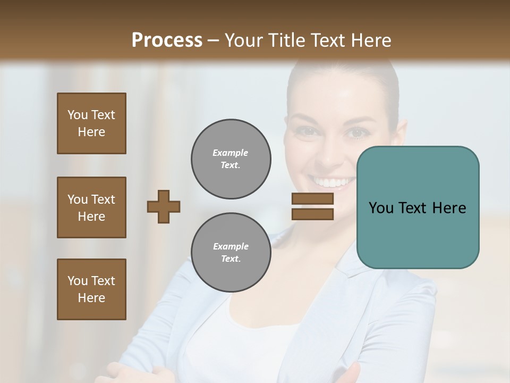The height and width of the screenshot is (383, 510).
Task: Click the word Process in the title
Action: pos(167,40)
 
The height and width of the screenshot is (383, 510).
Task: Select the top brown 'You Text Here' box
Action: pos(91,123)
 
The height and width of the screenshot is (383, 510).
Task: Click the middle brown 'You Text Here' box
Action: pos(91,207)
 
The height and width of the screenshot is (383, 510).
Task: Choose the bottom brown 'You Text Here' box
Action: pos(91,289)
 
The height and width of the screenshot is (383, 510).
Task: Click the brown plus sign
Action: pos(164,206)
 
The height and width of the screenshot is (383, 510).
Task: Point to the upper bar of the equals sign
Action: pos(312,199)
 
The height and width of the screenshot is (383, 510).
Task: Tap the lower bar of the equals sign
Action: pos(312,214)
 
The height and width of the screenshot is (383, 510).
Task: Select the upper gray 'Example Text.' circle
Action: pos(231,159)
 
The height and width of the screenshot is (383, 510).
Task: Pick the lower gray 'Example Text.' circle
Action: pos(231,252)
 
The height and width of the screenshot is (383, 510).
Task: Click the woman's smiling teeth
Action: pos(334,183)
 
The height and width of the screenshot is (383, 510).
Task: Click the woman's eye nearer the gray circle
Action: pos(307,131)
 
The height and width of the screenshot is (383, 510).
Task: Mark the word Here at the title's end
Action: pos(372,40)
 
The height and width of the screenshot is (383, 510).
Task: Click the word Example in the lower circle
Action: pos(231,246)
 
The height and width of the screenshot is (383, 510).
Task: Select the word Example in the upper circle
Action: pos(231,153)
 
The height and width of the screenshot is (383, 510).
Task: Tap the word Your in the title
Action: pos(243,40)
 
